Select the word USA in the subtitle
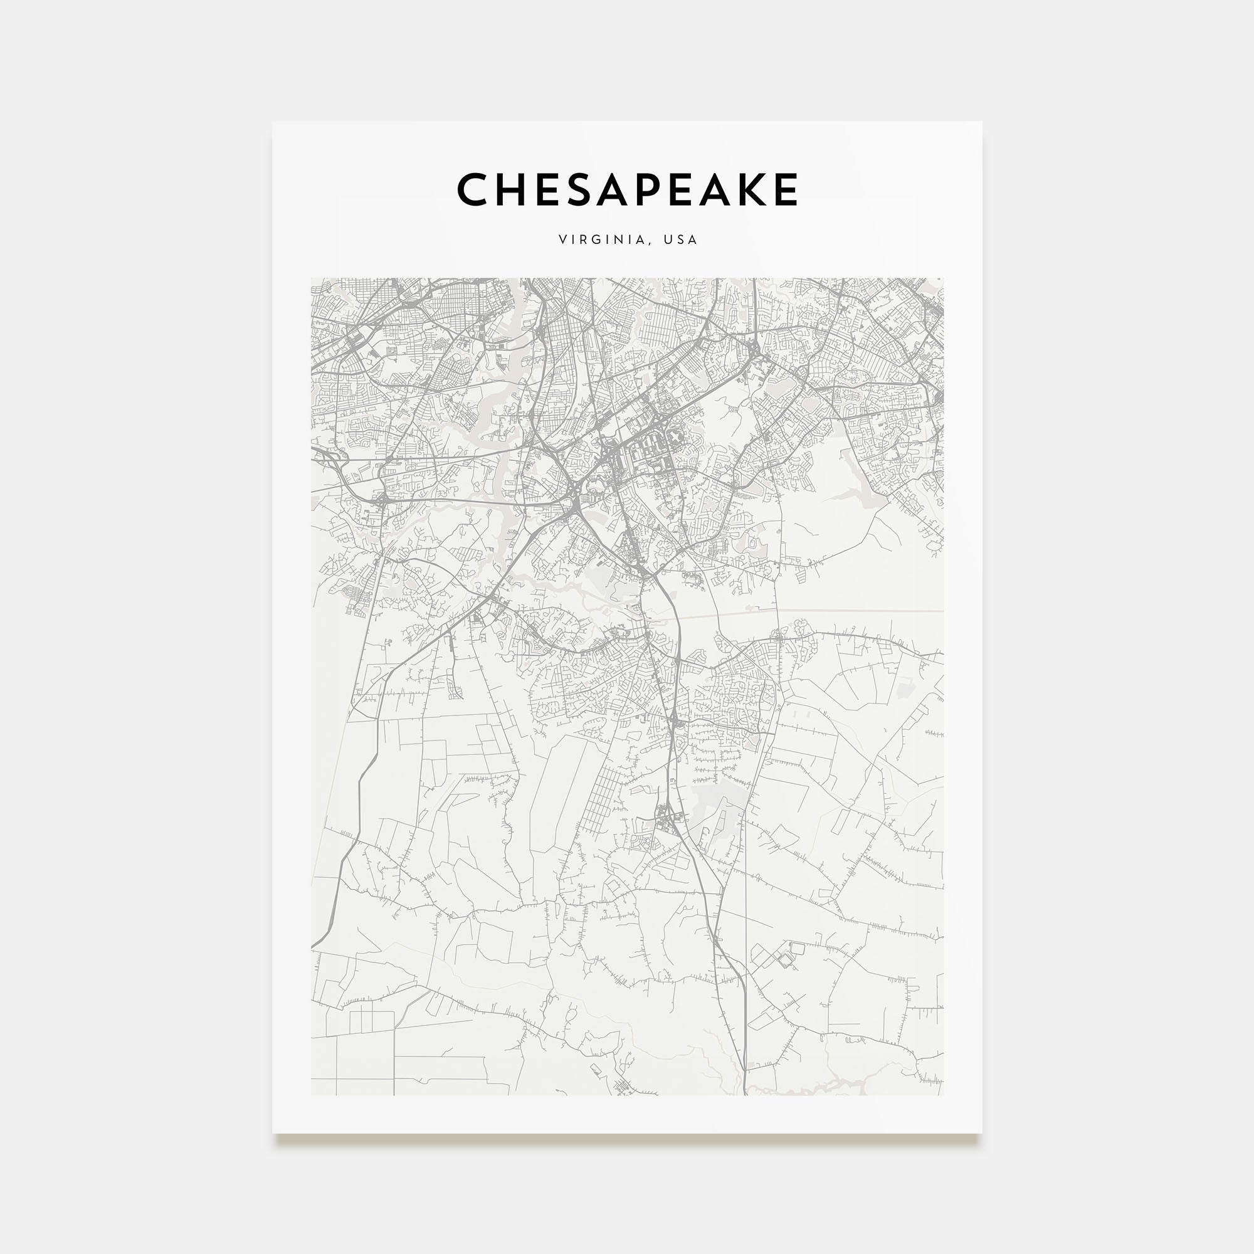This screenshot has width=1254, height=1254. click(680, 240)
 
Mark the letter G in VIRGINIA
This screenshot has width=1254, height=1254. click(593, 240)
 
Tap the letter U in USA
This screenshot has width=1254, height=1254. click(667, 240)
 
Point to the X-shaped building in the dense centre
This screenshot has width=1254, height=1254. click(677, 440)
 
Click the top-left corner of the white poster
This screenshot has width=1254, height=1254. click(273, 122)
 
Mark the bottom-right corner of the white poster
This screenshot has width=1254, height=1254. click(981, 1133)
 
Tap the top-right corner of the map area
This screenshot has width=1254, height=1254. click(943, 278)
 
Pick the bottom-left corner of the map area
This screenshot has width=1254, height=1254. click(312, 1095)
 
